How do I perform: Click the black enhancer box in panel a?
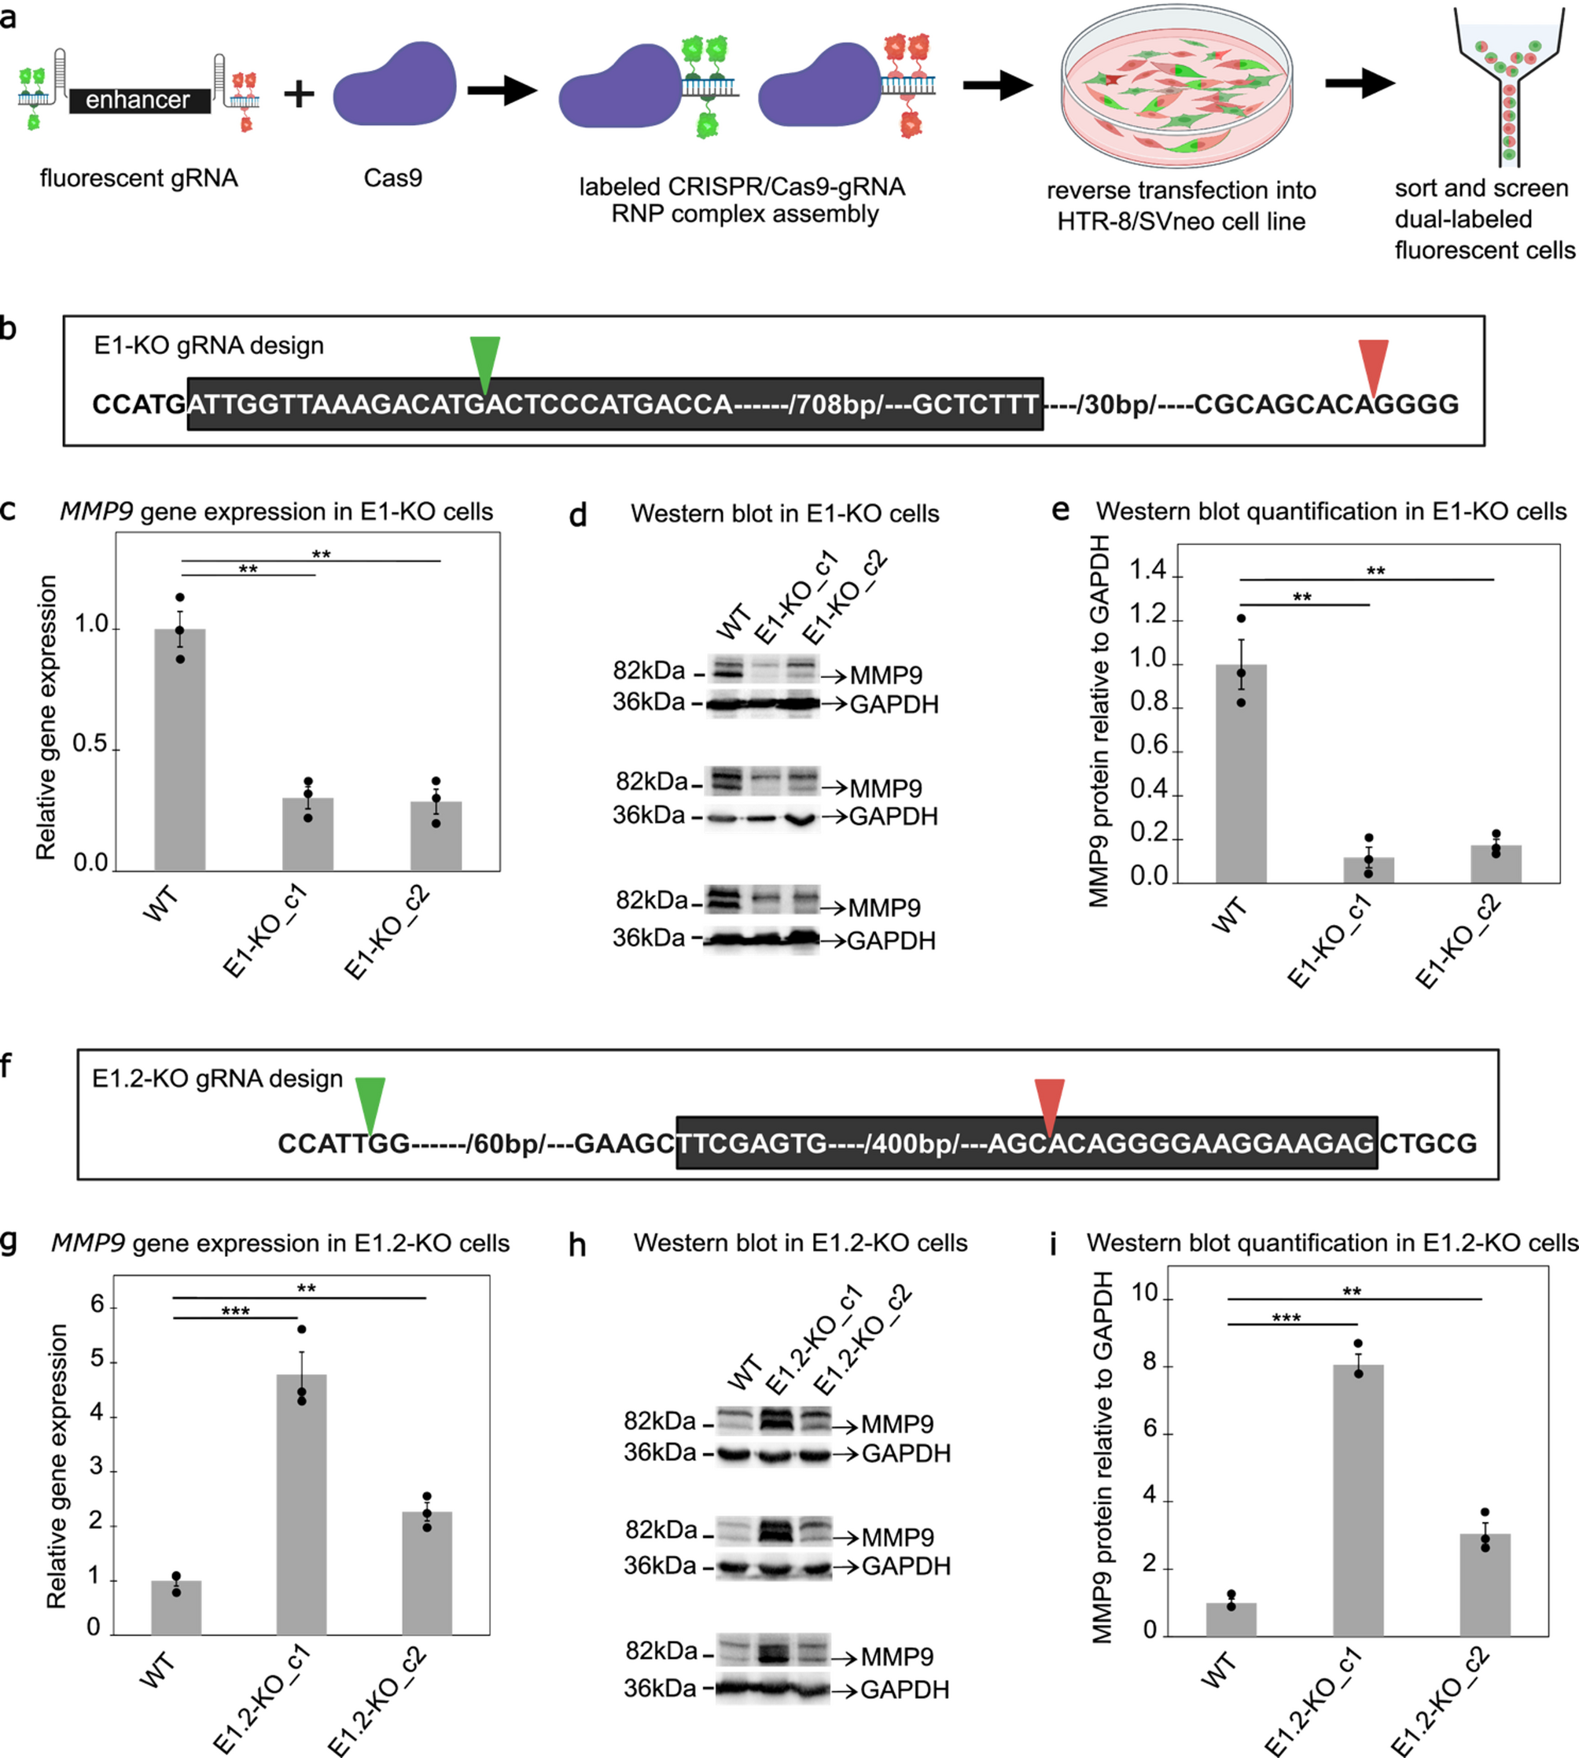pos(139,101)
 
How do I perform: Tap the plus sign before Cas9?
pos(300,93)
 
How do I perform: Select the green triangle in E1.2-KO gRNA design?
pos(370,1103)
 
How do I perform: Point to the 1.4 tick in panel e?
pos(1148,571)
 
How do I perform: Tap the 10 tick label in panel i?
pos(1144,1293)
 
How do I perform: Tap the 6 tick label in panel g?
pos(98,1305)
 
